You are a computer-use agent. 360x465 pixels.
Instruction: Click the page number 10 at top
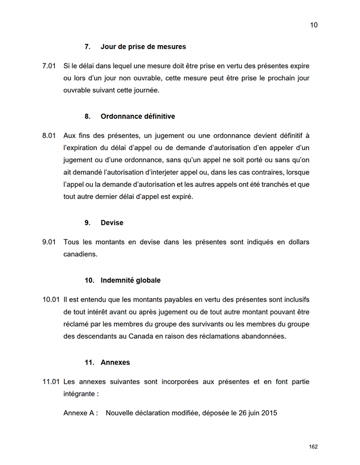314,25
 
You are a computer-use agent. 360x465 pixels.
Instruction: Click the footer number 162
313,447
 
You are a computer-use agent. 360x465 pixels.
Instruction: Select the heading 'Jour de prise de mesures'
143,46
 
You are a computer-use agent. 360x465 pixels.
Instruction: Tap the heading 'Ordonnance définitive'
137,116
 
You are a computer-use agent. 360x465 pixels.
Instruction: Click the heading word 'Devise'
112,222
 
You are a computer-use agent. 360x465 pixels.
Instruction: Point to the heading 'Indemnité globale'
130,280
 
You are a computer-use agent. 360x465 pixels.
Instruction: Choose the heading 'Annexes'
115,362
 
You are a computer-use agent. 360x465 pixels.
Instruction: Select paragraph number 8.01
48,136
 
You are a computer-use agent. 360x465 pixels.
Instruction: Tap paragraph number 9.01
48,242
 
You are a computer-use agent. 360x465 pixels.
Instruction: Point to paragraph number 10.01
51,299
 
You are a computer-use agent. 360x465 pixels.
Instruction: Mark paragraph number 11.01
51,382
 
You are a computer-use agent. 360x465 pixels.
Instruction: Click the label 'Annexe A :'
80,413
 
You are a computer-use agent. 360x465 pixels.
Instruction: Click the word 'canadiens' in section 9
80,254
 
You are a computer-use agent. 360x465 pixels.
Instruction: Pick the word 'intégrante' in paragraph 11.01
80,394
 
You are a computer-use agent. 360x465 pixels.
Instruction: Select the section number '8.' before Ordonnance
88,116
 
